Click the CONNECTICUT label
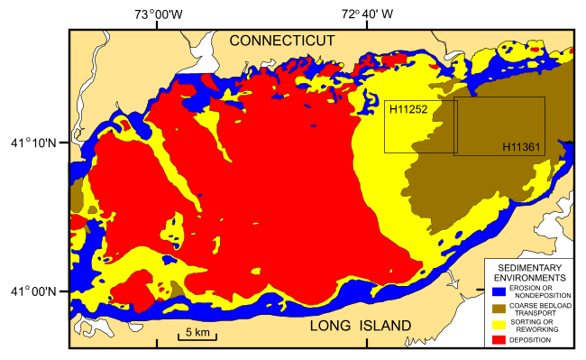pyautogui.click(x=281, y=41)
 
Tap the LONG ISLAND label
pyautogui.click(x=359, y=325)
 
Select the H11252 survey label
pyautogui.click(x=407, y=109)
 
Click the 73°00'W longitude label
pyautogui.click(x=158, y=14)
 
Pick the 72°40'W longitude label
pyautogui.click(x=367, y=14)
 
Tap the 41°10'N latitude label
pyautogui.click(x=34, y=143)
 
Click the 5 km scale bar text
pyautogui.click(x=197, y=333)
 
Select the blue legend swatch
pyautogui.click(x=499, y=291)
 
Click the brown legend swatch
pyautogui.click(x=499, y=307)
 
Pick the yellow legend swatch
pyautogui.click(x=499, y=323)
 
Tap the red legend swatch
pyautogui.click(x=499, y=339)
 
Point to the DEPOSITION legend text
pyautogui.click(x=532, y=340)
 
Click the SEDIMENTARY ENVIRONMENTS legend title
pyautogui.click(x=530, y=274)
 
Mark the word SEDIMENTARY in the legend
pyautogui.click(x=530, y=269)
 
